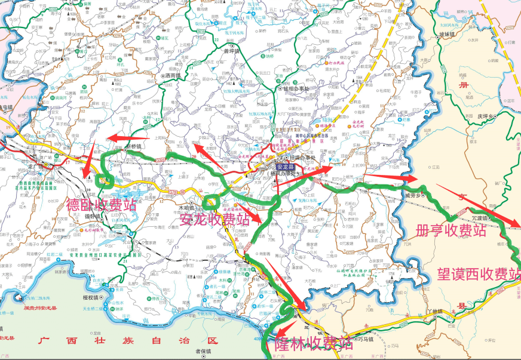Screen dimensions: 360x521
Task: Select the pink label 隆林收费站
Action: tap(313, 343)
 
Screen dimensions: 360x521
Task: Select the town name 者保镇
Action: tap(204, 351)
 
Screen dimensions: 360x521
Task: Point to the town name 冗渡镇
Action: tap(482, 219)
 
